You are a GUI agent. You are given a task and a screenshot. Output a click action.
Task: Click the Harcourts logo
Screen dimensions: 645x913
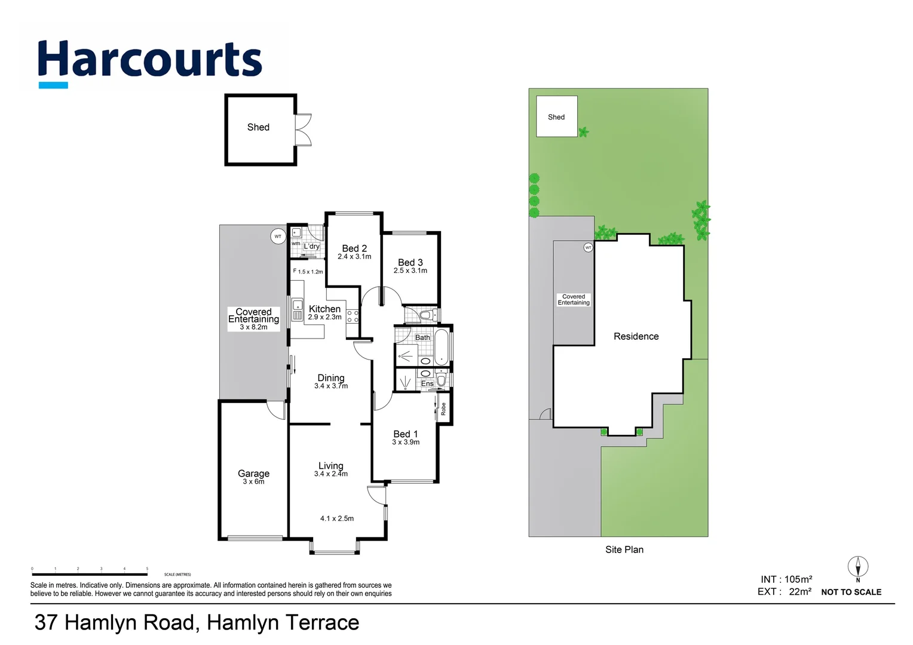tap(149, 62)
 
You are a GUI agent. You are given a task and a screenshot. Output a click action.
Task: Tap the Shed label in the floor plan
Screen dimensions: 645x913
tap(258, 127)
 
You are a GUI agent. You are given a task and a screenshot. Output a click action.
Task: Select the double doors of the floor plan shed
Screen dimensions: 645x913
tap(304, 130)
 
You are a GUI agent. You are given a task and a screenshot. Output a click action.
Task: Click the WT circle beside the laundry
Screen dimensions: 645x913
tap(277, 236)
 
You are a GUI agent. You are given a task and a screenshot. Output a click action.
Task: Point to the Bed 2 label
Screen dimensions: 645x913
tap(354, 248)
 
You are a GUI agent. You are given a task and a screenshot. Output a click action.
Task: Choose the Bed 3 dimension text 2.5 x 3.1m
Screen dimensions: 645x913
tap(410, 271)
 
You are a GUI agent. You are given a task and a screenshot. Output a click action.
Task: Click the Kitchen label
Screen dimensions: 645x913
tap(324, 309)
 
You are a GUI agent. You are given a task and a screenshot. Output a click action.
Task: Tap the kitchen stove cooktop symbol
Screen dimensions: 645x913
tap(353, 316)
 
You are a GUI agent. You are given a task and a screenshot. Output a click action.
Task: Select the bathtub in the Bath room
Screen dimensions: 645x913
tap(441, 347)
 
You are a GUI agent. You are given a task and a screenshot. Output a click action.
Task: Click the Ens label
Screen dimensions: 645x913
tap(427, 383)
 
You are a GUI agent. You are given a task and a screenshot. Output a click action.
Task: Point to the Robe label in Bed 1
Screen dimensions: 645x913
tap(443, 409)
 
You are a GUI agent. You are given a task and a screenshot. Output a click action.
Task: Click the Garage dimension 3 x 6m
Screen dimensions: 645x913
tap(253, 481)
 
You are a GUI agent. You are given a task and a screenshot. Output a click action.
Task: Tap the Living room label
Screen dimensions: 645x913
tap(330, 465)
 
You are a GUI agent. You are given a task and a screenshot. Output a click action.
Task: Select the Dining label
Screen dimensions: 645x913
tap(330, 377)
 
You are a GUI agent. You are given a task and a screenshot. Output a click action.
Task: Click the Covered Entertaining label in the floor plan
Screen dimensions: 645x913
tap(253, 315)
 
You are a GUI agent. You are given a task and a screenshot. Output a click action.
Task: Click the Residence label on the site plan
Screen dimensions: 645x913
tap(636, 336)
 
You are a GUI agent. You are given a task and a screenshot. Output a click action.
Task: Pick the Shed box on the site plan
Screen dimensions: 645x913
tap(556, 116)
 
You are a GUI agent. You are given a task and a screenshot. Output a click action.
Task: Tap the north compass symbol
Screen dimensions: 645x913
tap(857, 567)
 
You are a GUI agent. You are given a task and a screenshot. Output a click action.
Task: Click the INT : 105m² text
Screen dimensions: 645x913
tap(786, 579)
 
